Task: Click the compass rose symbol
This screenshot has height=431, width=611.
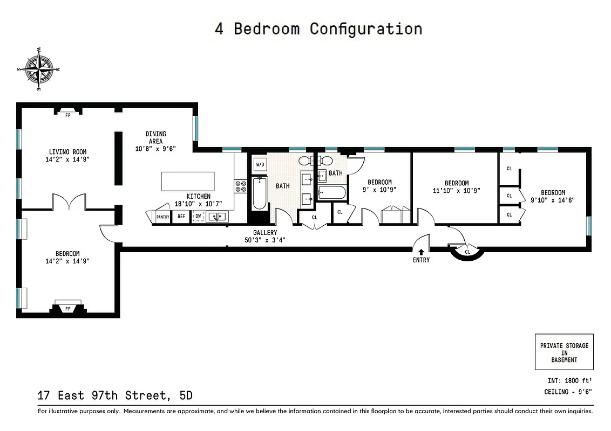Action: pyautogui.click(x=38, y=69)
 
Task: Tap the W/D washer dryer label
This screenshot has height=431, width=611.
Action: pyautogui.click(x=260, y=164)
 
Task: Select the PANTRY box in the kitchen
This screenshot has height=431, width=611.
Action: pyautogui.click(x=162, y=217)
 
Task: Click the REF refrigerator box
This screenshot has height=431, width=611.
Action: pyautogui.click(x=181, y=217)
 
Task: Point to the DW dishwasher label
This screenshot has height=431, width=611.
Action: pyautogui.click(x=198, y=217)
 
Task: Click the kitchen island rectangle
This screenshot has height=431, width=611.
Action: pyautogui.click(x=188, y=180)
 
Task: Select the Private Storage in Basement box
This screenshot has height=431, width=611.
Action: pyautogui.click(x=564, y=352)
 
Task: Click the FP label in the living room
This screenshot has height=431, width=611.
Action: pyautogui.click(x=68, y=115)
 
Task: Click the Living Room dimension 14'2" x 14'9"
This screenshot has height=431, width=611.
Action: pyautogui.click(x=67, y=159)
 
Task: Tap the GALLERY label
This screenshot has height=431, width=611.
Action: pyautogui.click(x=265, y=233)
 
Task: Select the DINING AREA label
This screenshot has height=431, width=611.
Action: pyautogui.click(x=155, y=137)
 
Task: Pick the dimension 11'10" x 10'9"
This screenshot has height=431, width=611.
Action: pyautogui.click(x=457, y=191)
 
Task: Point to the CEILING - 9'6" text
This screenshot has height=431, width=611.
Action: pyautogui.click(x=568, y=392)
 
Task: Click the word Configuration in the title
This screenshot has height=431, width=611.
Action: pyautogui.click(x=365, y=29)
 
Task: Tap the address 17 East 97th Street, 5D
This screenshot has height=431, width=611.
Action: pyautogui.click(x=114, y=396)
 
